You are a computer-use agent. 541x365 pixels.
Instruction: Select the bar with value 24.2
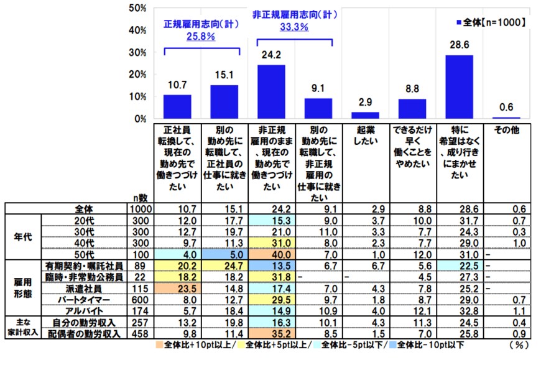click(271, 91)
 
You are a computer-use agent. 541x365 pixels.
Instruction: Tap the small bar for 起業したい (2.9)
click(365, 115)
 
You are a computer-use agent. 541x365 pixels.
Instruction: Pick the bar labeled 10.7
click(177, 106)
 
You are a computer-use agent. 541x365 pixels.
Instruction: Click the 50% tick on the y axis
click(137, 8)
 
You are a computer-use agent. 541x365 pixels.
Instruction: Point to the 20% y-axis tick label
click(137, 75)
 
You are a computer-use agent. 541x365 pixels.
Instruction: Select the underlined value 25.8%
click(201, 37)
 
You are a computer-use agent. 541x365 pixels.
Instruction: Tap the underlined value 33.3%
click(295, 27)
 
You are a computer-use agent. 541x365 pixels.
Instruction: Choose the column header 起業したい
click(365, 136)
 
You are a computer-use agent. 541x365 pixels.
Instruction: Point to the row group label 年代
click(23, 236)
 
